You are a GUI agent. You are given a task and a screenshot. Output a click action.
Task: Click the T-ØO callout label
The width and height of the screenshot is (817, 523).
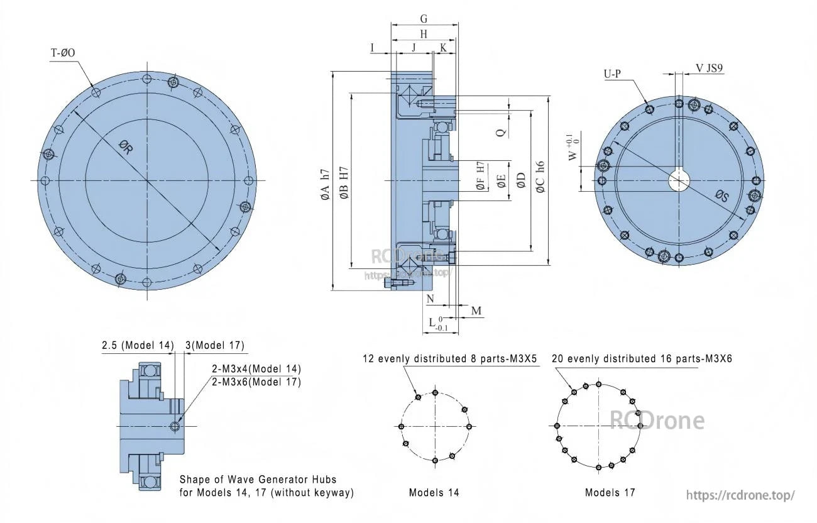[63, 53]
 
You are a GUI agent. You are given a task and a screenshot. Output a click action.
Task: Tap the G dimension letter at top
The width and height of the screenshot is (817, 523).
[424, 19]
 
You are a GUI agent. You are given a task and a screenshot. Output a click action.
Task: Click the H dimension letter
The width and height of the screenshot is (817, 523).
[424, 34]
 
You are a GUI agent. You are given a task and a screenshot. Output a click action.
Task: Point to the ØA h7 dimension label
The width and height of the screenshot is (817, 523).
[324, 185]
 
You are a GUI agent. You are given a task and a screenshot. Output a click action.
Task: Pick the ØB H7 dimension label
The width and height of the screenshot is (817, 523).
[344, 185]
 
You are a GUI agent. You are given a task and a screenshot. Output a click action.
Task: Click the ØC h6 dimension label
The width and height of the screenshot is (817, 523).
[539, 175]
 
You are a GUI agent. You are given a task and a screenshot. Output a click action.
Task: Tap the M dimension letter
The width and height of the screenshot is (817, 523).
[476, 311]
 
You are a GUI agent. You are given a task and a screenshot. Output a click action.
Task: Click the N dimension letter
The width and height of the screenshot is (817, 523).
[430, 299]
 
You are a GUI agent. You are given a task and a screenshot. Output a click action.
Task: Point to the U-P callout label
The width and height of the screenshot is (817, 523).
[612, 74]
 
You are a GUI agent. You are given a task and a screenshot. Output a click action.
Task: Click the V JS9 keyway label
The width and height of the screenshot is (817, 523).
[708, 68]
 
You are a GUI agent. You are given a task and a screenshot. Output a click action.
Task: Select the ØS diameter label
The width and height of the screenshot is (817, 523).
[721, 197]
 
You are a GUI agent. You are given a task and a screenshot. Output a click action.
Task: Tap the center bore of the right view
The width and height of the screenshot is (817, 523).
[678, 181]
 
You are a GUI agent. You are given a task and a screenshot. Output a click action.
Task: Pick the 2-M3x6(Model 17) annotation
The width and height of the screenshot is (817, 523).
[256, 382]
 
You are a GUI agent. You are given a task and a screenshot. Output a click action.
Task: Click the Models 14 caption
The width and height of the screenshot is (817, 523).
[434, 492]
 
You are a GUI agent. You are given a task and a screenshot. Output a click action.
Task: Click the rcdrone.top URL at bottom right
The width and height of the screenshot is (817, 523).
[740, 495]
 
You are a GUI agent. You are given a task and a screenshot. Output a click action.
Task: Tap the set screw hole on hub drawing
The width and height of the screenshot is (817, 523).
[175, 427]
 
